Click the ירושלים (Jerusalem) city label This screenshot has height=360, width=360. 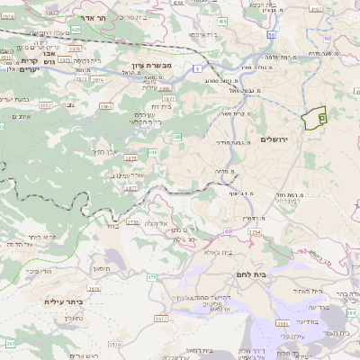click(x=277, y=140)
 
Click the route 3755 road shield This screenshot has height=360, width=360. click(x=133, y=221)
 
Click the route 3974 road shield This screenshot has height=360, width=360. click(x=97, y=79)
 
